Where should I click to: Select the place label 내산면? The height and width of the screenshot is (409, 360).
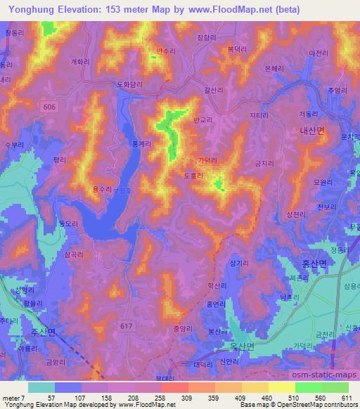(x=311, y=130)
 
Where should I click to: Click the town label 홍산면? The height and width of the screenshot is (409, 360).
(x=314, y=264)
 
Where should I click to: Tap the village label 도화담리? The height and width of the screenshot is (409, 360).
(x=129, y=85)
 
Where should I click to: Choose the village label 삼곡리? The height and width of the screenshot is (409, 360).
(x=74, y=257)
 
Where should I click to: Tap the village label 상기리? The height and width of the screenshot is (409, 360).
(x=238, y=263)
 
